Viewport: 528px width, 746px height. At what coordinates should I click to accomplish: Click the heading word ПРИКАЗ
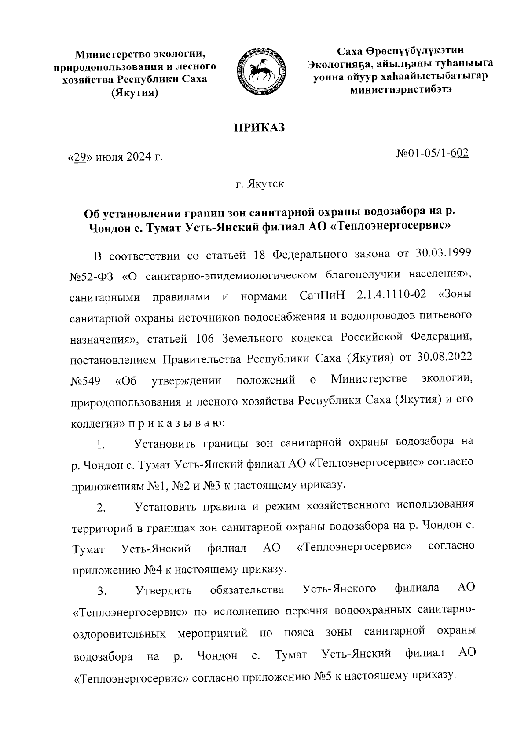pyautogui.click(x=259, y=128)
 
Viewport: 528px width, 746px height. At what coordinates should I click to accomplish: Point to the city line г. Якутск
pyautogui.click(x=260, y=184)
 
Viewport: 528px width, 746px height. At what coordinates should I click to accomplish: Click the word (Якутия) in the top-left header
pyautogui.click(x=134, y=94)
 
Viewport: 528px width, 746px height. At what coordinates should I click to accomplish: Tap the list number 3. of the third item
pyautogui.click(x=102, y=592)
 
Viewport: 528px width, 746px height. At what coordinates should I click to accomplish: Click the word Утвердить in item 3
pyautogui.click(x=163, y=590)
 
